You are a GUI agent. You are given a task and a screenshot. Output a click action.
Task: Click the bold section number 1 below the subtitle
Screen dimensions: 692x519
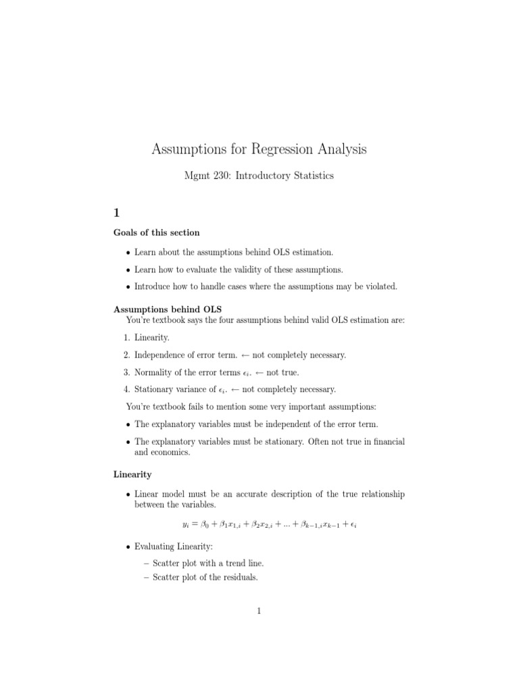click(x=116, y=212)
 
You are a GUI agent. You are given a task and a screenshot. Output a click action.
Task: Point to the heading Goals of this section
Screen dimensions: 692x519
click(x=156, y=232)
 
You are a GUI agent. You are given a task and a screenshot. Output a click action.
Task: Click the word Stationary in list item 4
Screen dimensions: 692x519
click(x=155, y=389)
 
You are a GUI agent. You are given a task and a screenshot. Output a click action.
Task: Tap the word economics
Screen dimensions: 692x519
click(x=171, y=453)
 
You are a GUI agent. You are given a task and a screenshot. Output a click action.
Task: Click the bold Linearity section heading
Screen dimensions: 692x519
click(x=132, y=476)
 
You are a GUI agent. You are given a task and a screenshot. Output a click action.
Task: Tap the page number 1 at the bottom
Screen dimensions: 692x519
click(x=259, y=611)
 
